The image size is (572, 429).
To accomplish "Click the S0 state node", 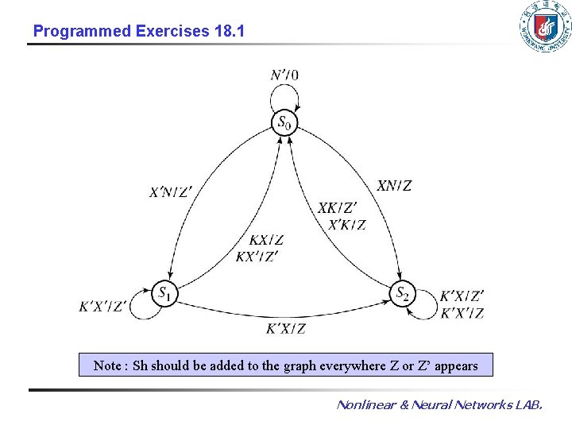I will point(284,123).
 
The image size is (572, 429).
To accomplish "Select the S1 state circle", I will point(164,293).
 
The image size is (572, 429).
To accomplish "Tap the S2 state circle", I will point(404,293).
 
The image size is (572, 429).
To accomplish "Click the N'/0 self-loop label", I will point(284,75).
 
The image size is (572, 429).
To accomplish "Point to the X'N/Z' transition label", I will point(171,191).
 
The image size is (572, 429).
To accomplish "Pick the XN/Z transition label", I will point(394,186).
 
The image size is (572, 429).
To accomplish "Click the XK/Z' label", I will point(337,208).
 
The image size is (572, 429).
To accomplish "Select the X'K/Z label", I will point(347,225).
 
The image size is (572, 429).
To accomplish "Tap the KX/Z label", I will point(266,240).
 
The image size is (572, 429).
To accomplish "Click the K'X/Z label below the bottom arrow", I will point(285,329).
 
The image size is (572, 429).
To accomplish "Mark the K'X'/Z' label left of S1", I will point(102,307).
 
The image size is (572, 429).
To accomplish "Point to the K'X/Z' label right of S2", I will point(462,296).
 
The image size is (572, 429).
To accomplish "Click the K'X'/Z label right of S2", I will point(462,313).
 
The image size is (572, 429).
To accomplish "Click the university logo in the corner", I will point(544,28).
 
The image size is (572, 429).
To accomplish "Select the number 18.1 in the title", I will point(230,32).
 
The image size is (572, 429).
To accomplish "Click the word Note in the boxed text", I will point(107,365).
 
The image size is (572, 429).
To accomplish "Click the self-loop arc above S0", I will point(284,93).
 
